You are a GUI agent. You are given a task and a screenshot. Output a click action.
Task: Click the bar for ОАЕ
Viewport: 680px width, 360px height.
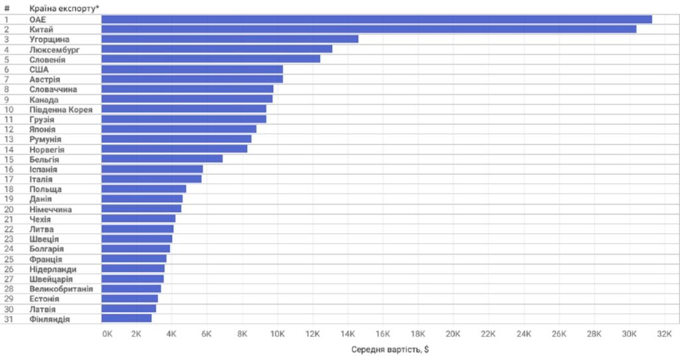[x=377, y=19]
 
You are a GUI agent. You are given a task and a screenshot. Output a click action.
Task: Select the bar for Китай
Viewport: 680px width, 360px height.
[x=369, y=29]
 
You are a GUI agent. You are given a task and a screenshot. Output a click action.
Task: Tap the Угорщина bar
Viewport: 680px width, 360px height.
[x=230, y=39]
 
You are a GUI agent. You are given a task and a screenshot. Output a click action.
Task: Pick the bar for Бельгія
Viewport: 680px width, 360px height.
[x=162, y=159]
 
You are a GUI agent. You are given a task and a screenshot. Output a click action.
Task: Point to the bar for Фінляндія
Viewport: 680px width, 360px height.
[x=126, y=319]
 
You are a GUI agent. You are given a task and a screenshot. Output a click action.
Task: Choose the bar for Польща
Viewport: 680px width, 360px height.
[x=143, y=189]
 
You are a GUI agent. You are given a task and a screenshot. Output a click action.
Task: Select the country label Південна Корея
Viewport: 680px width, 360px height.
[x=61, y=109]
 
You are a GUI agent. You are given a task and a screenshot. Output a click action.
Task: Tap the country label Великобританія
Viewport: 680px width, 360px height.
[x=61, y=289]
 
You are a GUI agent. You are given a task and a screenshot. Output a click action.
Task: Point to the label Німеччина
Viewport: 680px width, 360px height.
[x=50, y=209]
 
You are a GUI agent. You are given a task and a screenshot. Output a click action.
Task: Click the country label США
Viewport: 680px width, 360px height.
[x=39, y=69]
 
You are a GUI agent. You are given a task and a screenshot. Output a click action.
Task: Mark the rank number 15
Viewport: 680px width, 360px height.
[x=9, y=159]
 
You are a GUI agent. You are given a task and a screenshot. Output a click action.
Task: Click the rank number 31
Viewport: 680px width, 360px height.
[x=9, y=319]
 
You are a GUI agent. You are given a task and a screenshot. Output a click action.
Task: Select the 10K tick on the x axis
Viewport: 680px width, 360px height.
[x=277, y=333]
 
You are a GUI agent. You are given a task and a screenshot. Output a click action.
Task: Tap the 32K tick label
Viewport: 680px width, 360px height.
[x=665, y=333]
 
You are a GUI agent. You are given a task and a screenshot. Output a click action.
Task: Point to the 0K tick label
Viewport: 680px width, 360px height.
[x=107, y=333]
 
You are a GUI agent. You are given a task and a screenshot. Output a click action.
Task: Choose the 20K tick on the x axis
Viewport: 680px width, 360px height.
[x=454, y=333]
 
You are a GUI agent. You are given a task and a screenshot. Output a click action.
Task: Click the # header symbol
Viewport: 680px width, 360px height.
[x=7, y=8]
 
